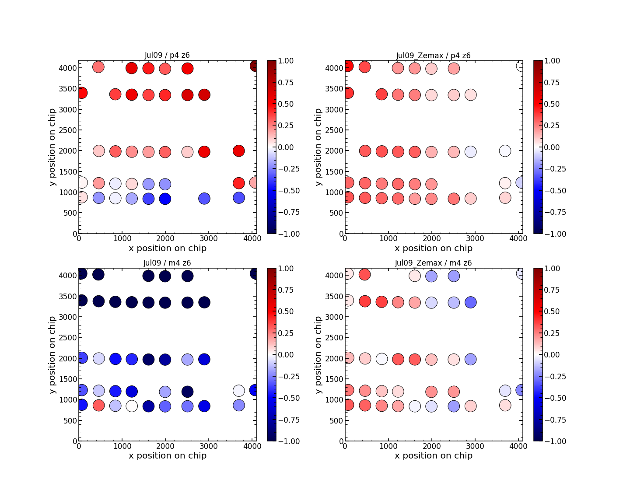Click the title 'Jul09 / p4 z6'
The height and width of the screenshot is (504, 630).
click(x=167, y=55)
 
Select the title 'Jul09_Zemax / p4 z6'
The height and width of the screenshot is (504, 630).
click(x=433, y=56)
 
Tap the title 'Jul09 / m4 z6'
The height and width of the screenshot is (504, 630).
click(x=167, y=263)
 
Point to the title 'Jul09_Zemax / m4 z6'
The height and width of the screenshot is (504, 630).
click(x=433, y=263)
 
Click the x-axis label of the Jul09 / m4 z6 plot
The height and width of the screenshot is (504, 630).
click(x=168, y=455)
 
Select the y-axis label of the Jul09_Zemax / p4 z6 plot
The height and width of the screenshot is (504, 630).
click(x=318, y=147)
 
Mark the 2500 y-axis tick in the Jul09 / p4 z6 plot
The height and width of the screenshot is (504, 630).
click(x=69, y=130)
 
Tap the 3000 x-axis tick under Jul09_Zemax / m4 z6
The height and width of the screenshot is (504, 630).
click(x=475, y=446)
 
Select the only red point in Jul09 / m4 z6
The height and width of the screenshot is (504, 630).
click(x=99, y=405)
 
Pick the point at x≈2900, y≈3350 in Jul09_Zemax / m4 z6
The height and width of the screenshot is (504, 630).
click(x=470, y=302)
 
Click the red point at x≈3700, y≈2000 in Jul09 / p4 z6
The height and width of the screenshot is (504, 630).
click(x=238, y=151)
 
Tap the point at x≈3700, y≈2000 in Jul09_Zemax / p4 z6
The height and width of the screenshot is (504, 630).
click(x=505, y=151)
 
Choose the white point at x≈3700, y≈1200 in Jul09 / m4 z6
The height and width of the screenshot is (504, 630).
click(x=238, y=391)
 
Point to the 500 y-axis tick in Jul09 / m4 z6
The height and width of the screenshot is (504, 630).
click(x=69, y=420)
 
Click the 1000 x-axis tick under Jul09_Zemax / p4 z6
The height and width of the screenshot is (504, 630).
click(x=388, y=238)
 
